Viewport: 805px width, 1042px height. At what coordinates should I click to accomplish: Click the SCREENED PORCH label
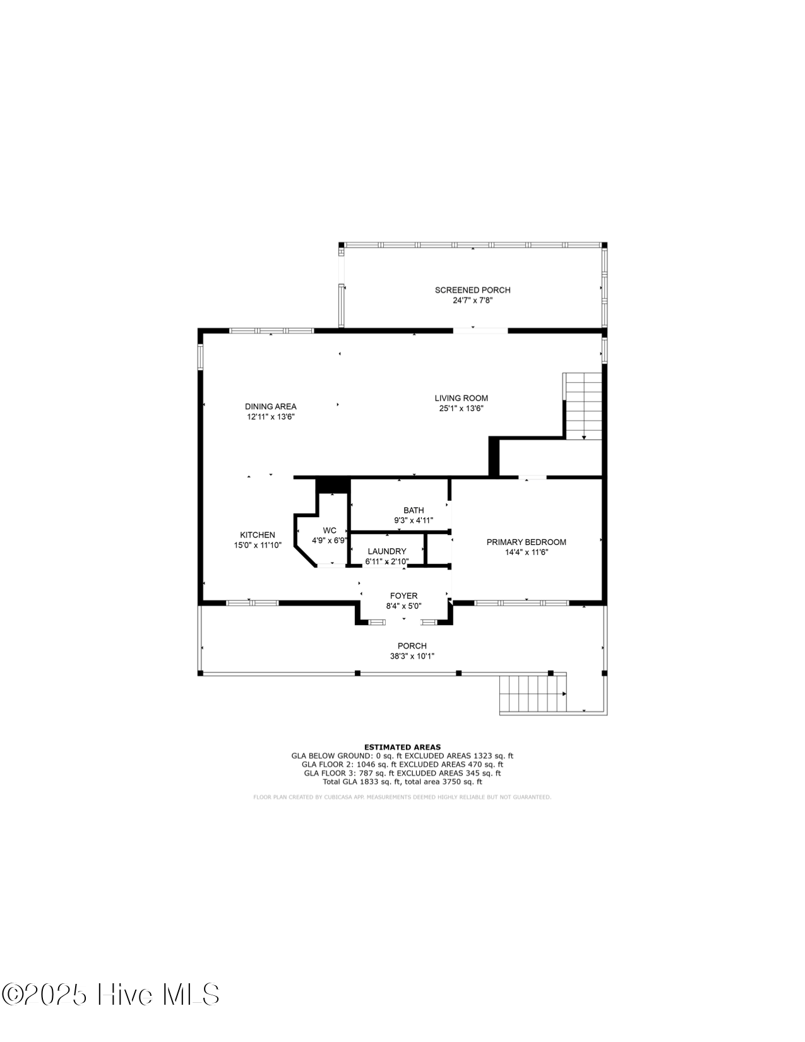click(472, 290)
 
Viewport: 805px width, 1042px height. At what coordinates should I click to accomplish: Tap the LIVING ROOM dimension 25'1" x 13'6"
click(461, 409)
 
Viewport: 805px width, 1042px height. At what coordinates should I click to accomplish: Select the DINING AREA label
click(270, 407)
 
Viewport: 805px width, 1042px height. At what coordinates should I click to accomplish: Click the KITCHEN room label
click(257, 535)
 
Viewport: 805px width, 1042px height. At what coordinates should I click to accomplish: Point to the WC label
click(330, 530)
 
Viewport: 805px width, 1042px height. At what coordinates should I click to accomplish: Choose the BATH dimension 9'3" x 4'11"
click(414, 520)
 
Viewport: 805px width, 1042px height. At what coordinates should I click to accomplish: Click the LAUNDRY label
click(387, 551)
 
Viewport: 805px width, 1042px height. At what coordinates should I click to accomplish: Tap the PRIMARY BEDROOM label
click(526, 542)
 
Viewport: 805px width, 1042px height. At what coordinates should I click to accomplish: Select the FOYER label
click(403, 596)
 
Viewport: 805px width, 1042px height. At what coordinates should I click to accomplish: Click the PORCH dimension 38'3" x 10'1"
click(412, 656)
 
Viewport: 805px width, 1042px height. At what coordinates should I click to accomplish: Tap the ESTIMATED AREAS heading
click(402, 747)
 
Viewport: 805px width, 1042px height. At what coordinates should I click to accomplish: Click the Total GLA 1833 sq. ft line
click(402, 781)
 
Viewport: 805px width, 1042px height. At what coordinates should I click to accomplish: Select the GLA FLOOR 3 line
click(402, 772)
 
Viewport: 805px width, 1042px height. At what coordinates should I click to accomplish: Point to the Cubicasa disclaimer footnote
click(402, 797)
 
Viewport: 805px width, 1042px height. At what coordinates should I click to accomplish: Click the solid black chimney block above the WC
click(333, 485)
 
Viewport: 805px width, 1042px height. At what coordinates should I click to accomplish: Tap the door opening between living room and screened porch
click(480, 330)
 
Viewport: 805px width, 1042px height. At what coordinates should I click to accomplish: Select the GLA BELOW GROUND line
click(402, 755)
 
